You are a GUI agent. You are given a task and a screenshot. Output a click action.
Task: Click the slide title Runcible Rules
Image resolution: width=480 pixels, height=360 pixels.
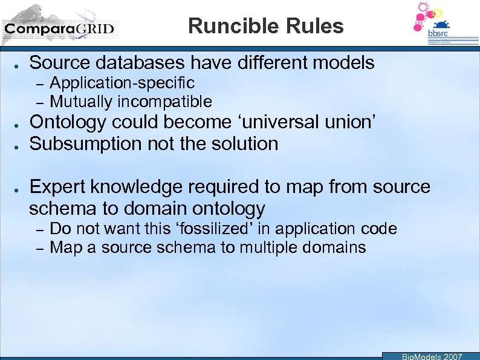(x=265, y=26)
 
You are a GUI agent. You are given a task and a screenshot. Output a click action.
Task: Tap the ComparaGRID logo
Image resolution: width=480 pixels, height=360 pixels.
(x=59, y=28)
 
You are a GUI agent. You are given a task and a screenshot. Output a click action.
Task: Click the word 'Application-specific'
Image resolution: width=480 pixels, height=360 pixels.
(x=122, y=83)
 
